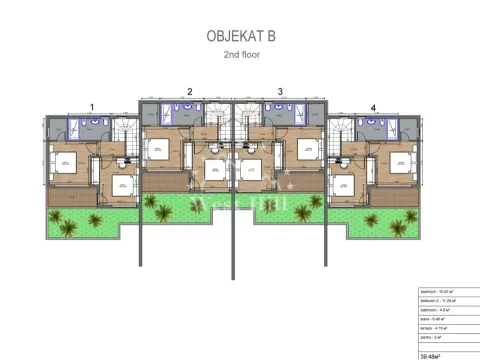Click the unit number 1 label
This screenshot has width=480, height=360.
coord(93,106)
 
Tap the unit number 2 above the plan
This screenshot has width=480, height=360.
coord(190,91)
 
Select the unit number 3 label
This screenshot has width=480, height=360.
coord(280,91)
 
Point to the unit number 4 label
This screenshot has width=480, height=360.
coord(373,106)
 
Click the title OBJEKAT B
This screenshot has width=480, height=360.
coord(240,36)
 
